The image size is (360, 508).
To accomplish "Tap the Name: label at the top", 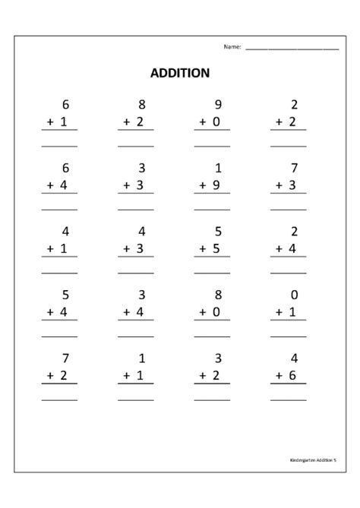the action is (x=232, y=47).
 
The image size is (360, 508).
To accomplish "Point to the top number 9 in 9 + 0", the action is (x=219, y=105).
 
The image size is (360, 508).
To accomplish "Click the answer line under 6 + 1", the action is (x=59, y=144).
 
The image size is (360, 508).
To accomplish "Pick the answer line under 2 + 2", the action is (x=289, y=144).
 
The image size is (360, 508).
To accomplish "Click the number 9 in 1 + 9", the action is (x=219, y=185).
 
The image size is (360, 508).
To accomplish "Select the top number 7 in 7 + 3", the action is (x=295, y=169).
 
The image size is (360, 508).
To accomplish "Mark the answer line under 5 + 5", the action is (x=212, y=272).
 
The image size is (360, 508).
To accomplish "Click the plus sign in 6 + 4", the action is (x=48, y=185).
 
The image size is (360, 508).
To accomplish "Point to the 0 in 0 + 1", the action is (x=295, y=295).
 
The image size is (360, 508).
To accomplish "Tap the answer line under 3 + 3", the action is (x=135, y=208).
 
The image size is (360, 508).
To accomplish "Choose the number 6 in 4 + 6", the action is (x=295, y=375).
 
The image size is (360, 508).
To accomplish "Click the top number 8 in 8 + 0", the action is (x=219, y=295).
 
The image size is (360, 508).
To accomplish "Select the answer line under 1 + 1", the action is (x=135, y=399).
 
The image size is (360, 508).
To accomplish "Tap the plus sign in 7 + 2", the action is (x=48, y=375).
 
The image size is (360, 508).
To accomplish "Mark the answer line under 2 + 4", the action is (x=289, y=272).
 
